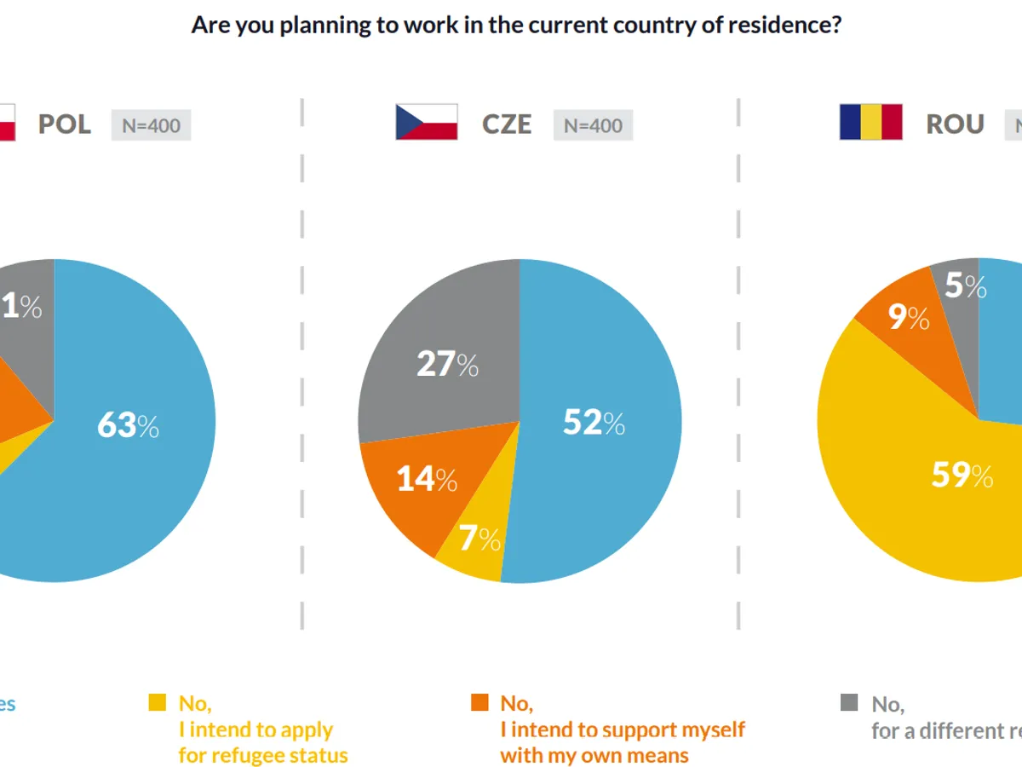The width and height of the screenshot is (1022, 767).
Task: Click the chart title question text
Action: pos(516,25)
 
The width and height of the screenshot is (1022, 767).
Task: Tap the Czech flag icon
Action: pos(426,122)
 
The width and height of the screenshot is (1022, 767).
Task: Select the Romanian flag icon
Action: pos(870,122)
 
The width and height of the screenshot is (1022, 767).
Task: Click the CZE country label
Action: pos(507,124)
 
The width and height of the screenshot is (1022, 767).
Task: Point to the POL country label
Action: pos(65,124)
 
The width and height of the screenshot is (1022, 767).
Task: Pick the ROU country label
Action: pos(956,124)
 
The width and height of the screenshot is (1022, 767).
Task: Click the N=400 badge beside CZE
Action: pos(593,125)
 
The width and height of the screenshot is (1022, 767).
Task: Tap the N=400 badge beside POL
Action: pos(151,125)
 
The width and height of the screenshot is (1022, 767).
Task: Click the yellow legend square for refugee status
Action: pos(158,703)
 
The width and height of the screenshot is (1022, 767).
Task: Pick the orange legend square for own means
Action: pos(480,703)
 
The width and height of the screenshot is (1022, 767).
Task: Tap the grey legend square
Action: pos(849,703)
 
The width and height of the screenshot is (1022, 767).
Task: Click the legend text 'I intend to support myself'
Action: pos(623,730)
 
